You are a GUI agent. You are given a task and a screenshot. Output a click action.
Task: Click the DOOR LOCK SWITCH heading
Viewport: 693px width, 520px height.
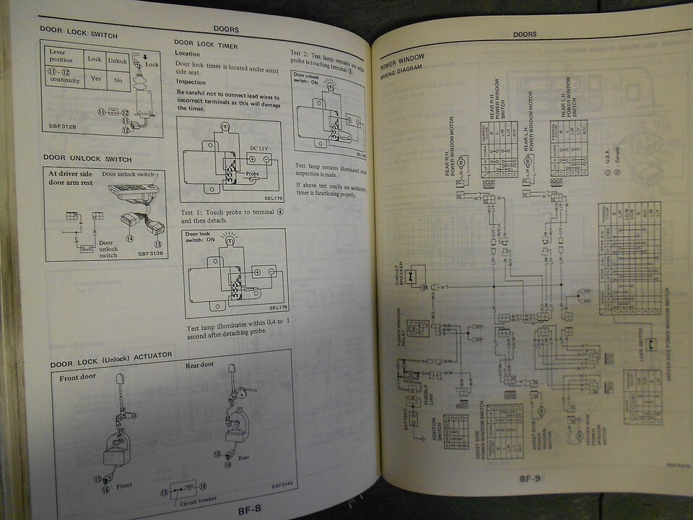(x=79, y=35)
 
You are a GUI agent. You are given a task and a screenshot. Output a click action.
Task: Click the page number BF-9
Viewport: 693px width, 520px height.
(x=531, y=477)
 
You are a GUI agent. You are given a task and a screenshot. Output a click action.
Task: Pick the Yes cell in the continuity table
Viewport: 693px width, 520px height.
(x=95, y=77)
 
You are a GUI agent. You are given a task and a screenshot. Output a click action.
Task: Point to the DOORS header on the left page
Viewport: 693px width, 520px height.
(x=227, y=30)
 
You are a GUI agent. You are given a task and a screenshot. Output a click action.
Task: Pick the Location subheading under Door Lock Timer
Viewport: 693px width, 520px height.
(x=188, y=54)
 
